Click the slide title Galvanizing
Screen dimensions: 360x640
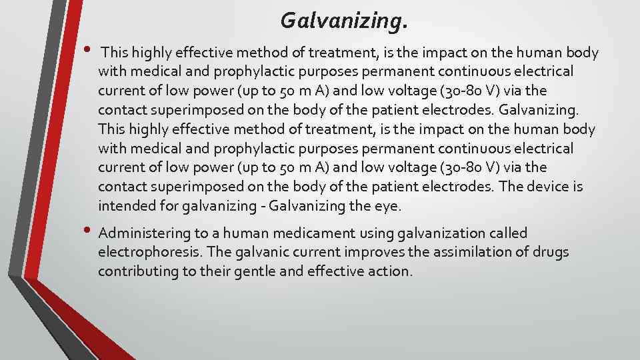343,21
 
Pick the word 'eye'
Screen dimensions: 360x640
387,207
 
